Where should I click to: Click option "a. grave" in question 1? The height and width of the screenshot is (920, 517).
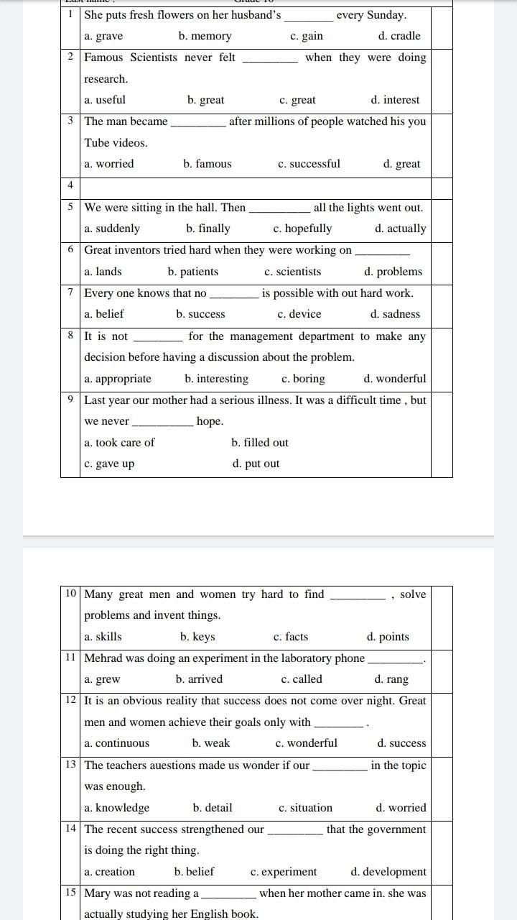[x=103, y=36]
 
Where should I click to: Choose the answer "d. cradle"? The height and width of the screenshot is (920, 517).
[x=399, y=36]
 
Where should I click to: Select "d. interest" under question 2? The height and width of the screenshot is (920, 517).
[x=395, y=100]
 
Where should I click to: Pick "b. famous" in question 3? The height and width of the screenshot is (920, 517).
[x=208, y=164]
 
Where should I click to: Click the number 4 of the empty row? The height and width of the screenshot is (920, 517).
[x=70, y=185]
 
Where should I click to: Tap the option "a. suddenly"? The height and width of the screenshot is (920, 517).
[x=112, y=229]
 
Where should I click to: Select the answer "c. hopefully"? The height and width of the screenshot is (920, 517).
[x=302, y=229]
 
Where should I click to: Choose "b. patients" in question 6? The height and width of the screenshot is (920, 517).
[x=193, y=272]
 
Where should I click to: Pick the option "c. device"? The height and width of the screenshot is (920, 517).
[x=299, y=314]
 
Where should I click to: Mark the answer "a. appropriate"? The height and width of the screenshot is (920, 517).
[x=118, y=379]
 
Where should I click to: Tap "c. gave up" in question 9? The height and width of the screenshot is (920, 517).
[x=109, y=464]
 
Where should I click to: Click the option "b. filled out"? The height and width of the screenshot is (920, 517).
[x=260, y=443]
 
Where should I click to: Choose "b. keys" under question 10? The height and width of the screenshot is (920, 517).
[x=197, y=637]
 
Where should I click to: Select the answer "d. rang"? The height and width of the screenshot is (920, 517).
[x=391, y=679]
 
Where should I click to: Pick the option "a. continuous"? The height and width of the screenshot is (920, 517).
[x=117, y=743]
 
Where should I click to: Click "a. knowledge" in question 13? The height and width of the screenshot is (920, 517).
[x=117, y=808]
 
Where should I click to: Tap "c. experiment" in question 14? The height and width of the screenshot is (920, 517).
[x=284, y=872]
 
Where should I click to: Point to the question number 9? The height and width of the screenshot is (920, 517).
[x=70, y=400]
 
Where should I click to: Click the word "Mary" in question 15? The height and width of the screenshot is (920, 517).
[x=98, y=893]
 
